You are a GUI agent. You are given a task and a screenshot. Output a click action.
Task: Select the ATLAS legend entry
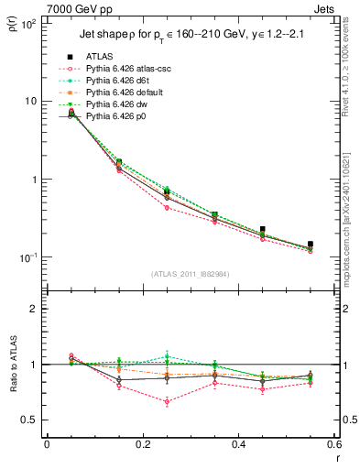coord(104,57)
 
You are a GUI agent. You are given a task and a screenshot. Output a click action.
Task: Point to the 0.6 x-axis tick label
coord(333,443)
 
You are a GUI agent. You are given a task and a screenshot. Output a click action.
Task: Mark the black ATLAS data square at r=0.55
coord(311,244)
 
